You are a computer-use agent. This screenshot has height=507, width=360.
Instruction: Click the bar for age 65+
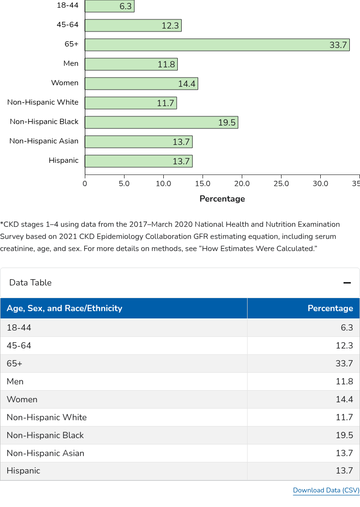217,45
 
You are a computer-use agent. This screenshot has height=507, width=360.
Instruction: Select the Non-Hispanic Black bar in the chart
161,123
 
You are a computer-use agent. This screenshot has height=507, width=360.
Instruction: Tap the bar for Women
141,84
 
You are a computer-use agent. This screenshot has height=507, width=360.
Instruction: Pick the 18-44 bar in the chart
110,6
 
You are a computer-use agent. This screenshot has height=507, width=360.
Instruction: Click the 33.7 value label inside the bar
338,45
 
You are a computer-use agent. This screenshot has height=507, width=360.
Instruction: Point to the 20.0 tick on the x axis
242,184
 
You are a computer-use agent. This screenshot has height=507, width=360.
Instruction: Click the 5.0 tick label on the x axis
124,184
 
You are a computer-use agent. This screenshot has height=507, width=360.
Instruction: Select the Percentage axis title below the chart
222,199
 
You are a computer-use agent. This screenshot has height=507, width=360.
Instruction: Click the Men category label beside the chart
71,63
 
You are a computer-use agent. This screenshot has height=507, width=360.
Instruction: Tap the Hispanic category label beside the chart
63,160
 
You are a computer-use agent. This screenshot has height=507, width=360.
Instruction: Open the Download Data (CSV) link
326,491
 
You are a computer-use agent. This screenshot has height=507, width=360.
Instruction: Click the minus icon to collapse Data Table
347,283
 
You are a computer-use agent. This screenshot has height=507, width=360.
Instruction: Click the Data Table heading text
30,283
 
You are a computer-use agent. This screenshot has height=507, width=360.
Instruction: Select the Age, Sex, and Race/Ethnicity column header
64,308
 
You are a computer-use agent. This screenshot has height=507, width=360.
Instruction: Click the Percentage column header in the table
330,308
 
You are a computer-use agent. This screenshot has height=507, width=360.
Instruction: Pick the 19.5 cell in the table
344,435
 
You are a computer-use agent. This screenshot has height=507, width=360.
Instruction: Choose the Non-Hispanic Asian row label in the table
46,453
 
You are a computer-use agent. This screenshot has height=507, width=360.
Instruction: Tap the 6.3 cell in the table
346,328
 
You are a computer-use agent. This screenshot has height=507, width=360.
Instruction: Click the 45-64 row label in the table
19,346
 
